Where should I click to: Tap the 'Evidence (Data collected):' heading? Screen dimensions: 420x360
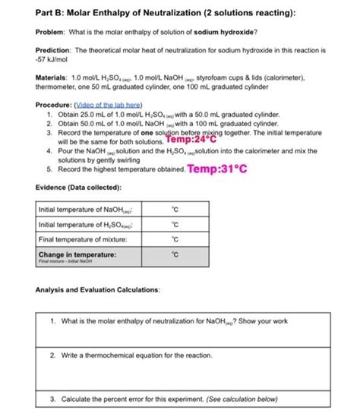pos(78,187)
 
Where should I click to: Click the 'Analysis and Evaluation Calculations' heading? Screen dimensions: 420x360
pos(96,290)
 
